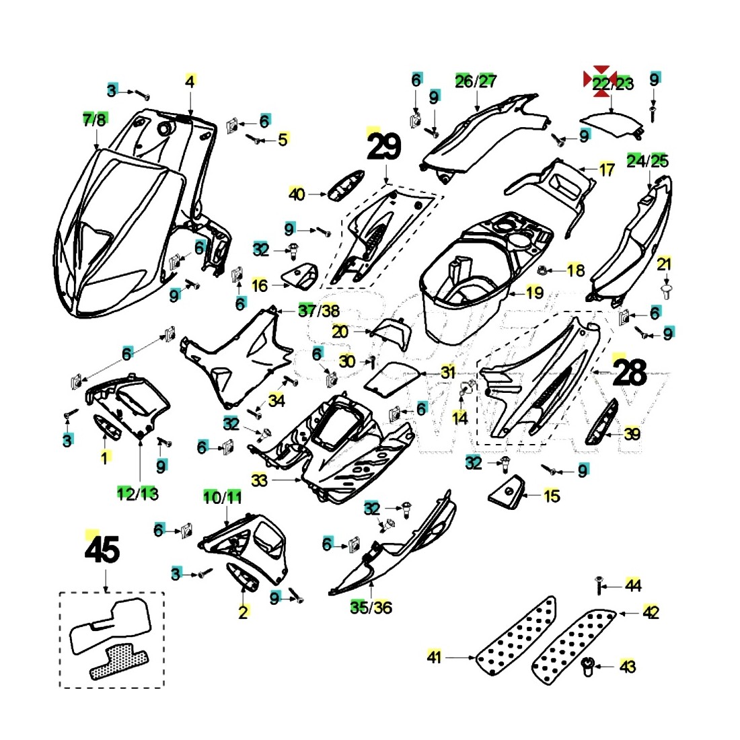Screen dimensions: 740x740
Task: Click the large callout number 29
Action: [x=384, y=147]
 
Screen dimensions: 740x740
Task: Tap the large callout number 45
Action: [x=102, y=550]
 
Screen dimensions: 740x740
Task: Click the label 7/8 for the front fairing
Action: [x=94, y=120]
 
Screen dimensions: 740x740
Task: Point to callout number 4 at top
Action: [x=190, y=82]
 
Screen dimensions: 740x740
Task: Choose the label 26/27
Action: [x=476, y=81]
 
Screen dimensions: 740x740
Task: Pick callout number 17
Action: [x=606, y=170]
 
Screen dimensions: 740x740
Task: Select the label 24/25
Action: [x=647, y=161]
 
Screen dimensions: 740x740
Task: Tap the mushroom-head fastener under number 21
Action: [x=665, y=291]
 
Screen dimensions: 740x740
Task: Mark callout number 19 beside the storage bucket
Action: [x=535, y=293]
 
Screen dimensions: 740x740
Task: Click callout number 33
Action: [x=260, y=480]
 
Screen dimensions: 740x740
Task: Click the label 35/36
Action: [x=371, y=607]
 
